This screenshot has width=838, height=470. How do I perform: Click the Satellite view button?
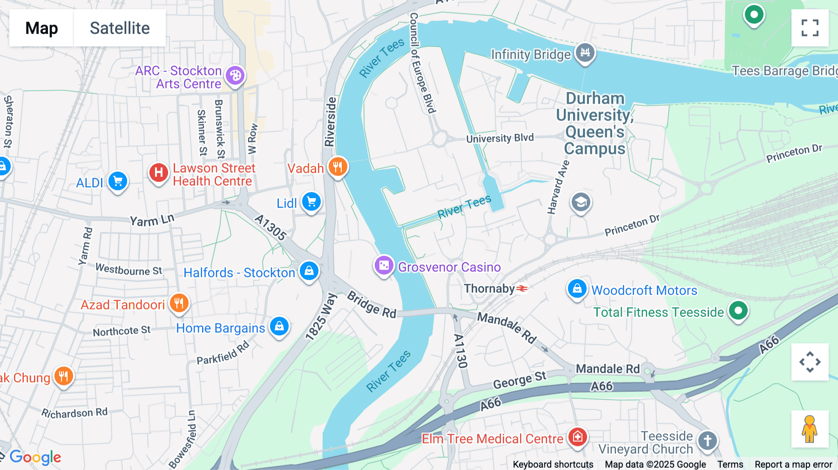[120, 28]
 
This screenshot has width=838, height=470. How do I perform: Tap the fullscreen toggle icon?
[810, 28]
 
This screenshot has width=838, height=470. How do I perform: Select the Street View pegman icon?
[810, 429]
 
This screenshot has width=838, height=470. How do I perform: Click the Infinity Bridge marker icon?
[585, 53]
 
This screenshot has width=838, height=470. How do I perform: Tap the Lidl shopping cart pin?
[311, 202]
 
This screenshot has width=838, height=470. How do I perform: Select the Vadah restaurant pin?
[338, 167]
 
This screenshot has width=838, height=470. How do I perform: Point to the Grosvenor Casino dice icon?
[384, 266]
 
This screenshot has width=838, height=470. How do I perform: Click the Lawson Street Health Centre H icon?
[158, 173]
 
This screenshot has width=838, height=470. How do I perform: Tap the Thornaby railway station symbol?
[522, 289]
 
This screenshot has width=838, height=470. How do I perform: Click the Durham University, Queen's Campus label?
[595, 123]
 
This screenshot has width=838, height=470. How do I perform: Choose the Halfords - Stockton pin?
[309, 271]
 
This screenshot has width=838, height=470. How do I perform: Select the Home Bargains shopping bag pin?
[279, 326]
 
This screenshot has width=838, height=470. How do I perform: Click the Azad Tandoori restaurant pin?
[179, 303]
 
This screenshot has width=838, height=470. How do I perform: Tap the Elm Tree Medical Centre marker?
[578, 436]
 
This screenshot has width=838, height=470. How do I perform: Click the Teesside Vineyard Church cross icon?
[708, 440]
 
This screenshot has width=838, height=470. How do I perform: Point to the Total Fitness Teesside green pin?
[738, 310]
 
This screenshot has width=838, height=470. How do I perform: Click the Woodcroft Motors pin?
[577, 289]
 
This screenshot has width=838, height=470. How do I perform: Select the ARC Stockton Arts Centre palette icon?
[236, 75]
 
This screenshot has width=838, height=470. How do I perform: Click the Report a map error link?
[793, 464]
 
